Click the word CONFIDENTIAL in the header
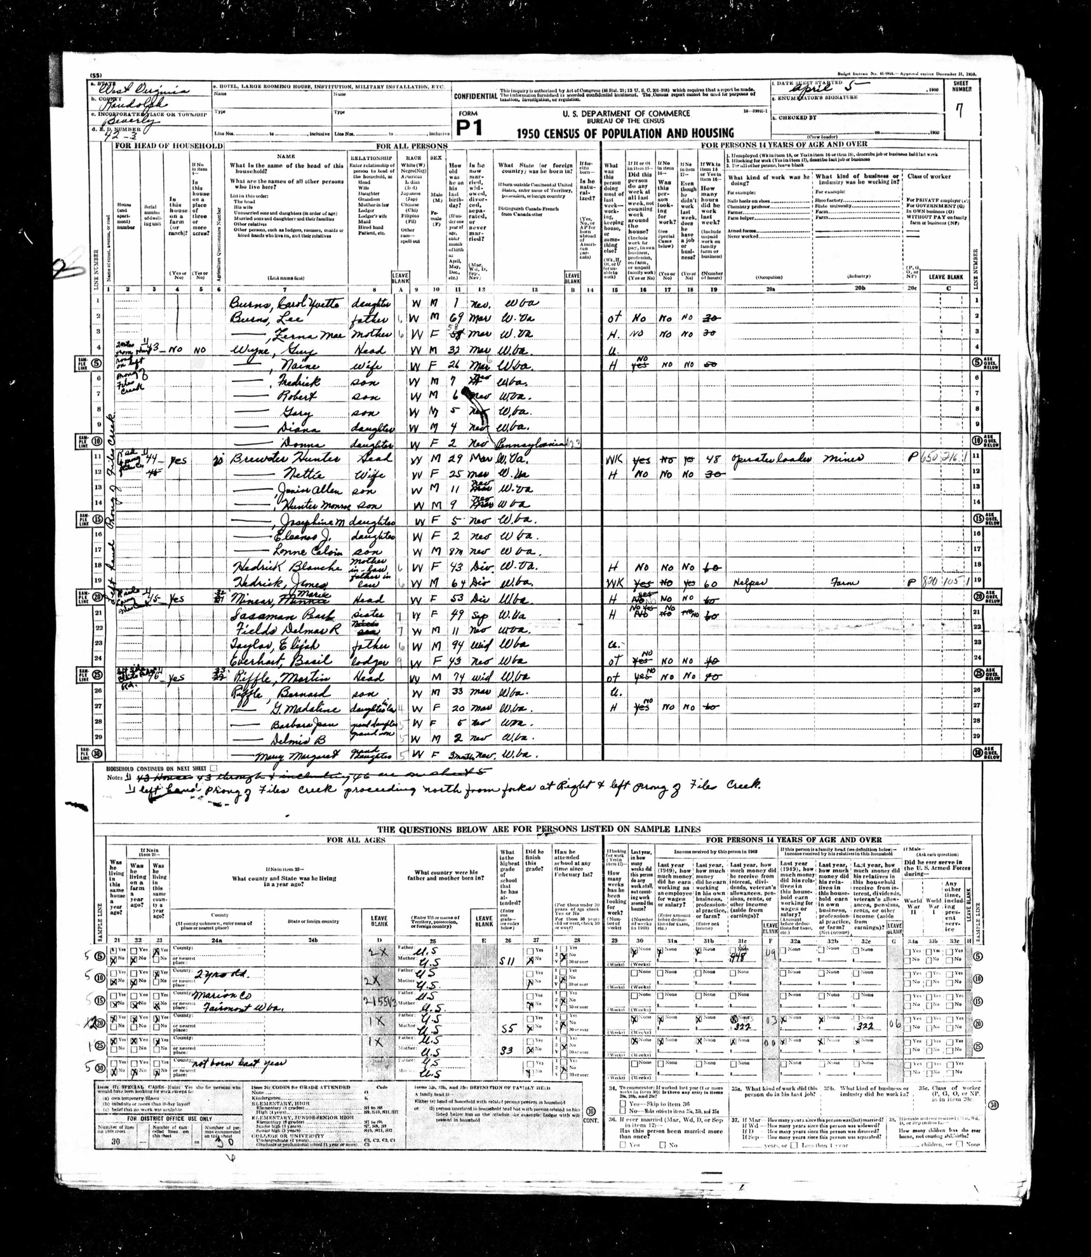tap(474, 96)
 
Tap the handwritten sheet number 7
tap(959, 111)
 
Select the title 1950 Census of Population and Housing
tap(625, 133)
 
